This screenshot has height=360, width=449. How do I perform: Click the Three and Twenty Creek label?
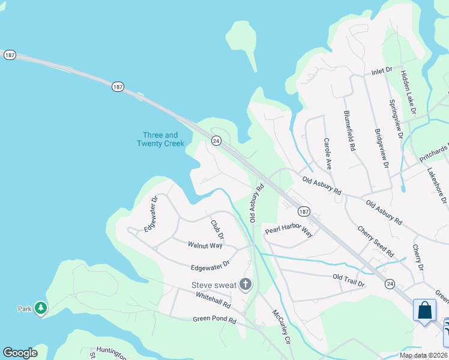(x=160, y=139)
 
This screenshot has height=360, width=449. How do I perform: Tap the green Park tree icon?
(x=41, y=308)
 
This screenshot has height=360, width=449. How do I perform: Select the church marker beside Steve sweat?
(x=245, y=284)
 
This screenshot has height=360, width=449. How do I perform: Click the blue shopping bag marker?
(x=424, y=310)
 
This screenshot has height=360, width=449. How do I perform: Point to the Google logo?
(x=20, y=352)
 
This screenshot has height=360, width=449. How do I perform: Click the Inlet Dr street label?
(x=382, y=71)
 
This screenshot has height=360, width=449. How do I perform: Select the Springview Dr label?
(x=396, y=119)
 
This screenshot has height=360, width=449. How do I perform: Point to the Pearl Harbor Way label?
(x=289, y=230)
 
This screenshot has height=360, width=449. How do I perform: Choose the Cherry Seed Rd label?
(x=375, y=241)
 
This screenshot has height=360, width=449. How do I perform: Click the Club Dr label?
(x=217, y=229)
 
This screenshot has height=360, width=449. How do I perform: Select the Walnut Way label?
(x=205, y=245)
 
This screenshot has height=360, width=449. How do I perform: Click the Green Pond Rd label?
(x=215, y=320)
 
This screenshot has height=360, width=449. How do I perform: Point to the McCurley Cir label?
(x=281, y=325)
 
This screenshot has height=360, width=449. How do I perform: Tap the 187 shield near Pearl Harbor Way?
(x=304, y=211)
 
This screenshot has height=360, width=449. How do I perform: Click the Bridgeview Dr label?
(x=382, y=149)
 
